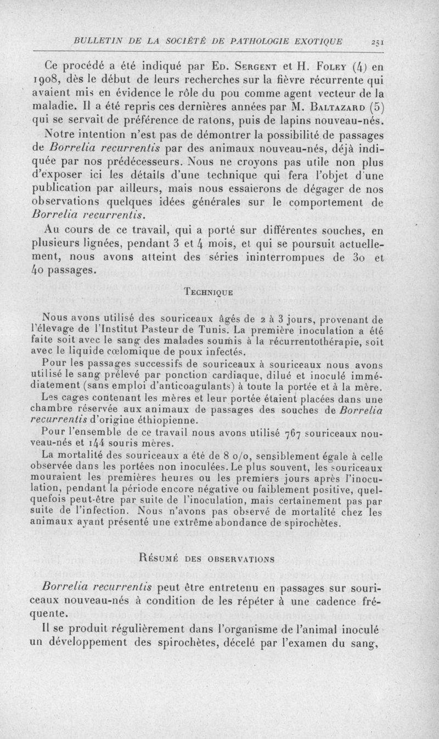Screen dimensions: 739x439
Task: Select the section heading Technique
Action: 206,293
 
